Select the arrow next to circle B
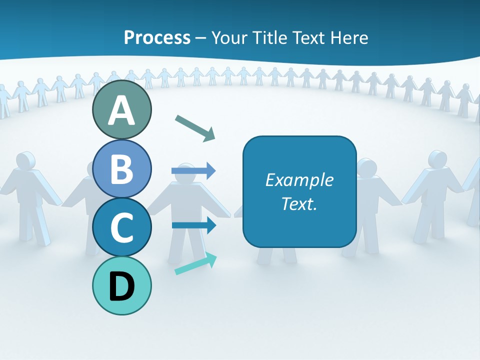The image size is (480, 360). click(193, 171)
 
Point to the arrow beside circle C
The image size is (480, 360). click(194, 225)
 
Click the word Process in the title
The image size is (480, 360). click(157, 37)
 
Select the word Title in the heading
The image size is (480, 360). click(270, 37)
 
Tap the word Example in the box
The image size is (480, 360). click(299, 180)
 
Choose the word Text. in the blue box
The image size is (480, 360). click(299, 203)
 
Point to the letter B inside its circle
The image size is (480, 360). click(121, 169)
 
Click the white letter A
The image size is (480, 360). click(121, 110)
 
